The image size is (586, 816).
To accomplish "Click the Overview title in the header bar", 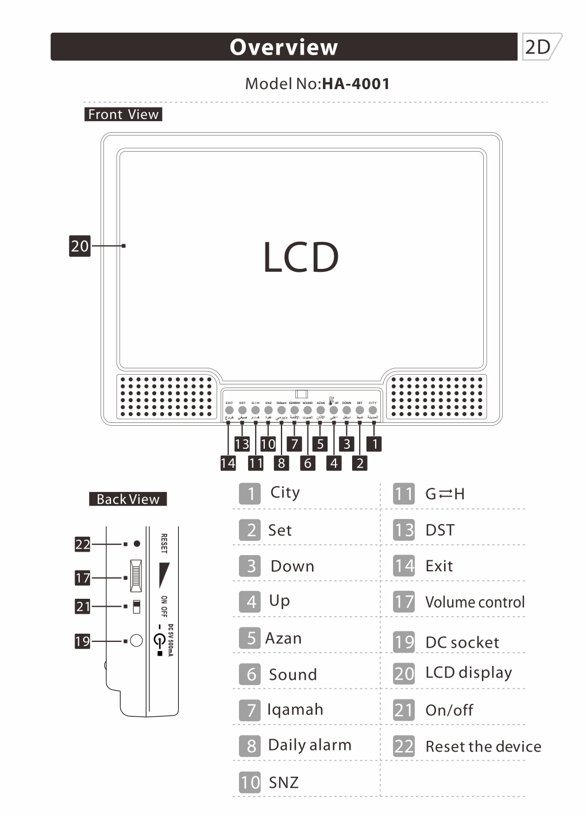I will [x=284, y=47].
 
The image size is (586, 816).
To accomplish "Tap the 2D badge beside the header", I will [x=539, y=47].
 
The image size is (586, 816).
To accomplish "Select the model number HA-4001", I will [x=356, y=84].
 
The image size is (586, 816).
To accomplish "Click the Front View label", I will [x=123, y=114].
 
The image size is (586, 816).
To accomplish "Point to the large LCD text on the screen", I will [x=300, y=257].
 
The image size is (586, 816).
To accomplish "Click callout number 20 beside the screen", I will [x=80, y=246].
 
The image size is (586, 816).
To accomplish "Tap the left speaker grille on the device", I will [x=166, y=397].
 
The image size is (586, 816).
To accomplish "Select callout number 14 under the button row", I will [x=228, y=463].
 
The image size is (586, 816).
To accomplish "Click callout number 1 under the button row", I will [x=375, y=444].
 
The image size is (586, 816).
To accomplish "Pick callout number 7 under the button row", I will [x=294, y=444].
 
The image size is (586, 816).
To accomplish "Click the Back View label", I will [x=128, y=499].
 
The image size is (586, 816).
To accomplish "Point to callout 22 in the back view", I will [x=83, y=544].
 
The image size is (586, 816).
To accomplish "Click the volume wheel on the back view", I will [x=136, y=576].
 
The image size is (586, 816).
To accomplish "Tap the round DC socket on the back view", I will [x=136, y=640].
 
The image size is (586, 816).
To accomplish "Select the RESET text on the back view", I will [x=164, y=544].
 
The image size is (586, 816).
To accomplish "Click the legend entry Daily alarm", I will [x=309, y=745].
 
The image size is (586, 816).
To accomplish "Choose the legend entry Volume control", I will [x=475, y=602].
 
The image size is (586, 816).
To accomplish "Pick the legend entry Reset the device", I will [x=483, y=746].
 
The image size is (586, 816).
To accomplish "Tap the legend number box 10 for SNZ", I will [x=250, y=782].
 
